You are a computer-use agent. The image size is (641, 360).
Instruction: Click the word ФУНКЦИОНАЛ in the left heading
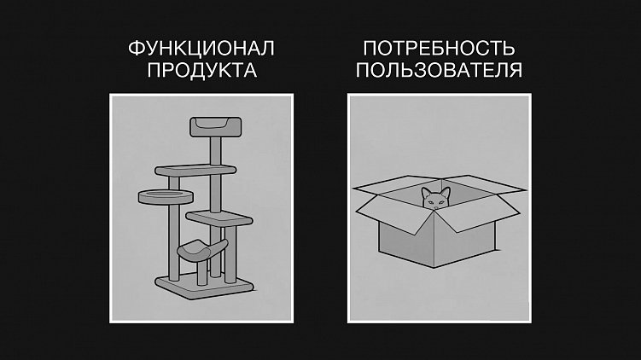point(202,49)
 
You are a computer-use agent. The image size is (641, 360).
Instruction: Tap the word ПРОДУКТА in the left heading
point(202,70)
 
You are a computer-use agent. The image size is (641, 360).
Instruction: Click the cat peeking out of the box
point(435,199)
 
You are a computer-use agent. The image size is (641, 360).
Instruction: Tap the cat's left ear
point(426,190)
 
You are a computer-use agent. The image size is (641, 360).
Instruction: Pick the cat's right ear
point(445,189)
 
